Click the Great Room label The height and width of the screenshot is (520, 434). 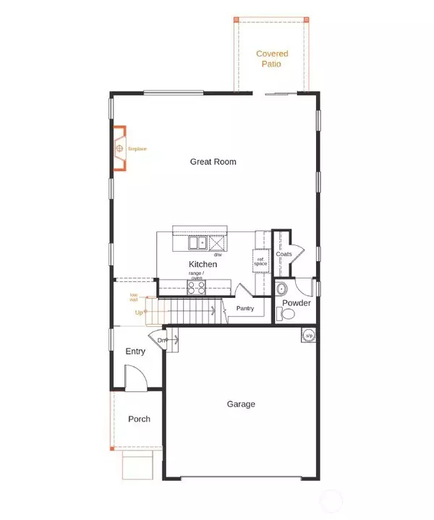(x=213, y=162)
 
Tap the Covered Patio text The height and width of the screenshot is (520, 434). (x=272, y=59)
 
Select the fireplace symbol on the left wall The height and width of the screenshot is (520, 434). (x=119, y=149)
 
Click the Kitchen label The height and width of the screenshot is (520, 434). (x=203, y=265)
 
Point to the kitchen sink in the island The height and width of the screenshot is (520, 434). (x=197, y=243)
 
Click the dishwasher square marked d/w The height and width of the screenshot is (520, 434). (x=217, y=243)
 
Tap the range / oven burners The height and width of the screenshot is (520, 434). (x=196, y=288)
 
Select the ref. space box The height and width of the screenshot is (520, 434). (x=260, y=260)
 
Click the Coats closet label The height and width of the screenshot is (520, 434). (x=284, y=255)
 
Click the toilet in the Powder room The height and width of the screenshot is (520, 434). (x=287, y=315)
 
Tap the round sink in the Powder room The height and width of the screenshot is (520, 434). (x=281, y=289)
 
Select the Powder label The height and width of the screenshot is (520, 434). (x=297, y=303)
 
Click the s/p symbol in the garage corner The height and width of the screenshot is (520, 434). (x=309, y=336)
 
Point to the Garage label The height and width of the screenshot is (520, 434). (x=241, y=404)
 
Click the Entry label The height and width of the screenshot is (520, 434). (x=135, y=351)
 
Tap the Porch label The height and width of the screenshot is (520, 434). (x=139, y=419)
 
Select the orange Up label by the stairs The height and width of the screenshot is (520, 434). (x=139, y=312)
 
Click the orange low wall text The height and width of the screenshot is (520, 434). (x=134, y=297)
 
